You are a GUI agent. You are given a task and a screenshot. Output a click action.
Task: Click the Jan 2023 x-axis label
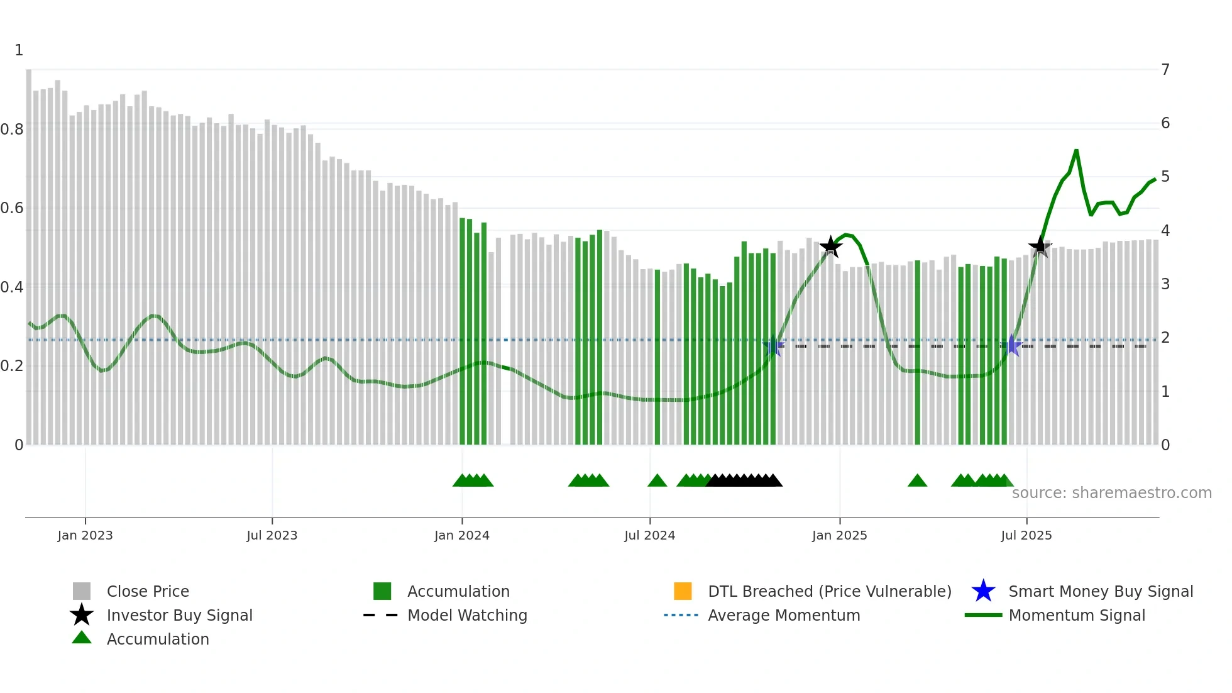pyautogui.click(x=85, y=535)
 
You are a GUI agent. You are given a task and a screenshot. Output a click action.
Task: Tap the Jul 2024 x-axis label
pyautogui.click(x=649, y=535)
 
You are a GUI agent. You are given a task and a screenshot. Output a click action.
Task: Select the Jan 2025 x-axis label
pyautogui.click(x=839, y=535)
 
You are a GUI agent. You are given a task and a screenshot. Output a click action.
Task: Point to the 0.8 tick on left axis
pyautogui.click(x=12, y=130)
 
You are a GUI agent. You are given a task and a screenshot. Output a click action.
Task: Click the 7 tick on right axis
pyautogui.click(x=1165, y=70)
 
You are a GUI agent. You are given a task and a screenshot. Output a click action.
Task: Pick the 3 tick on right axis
pyautogui.click(x=1165, y=284)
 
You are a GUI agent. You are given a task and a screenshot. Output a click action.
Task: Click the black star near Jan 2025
pyautogui.click(x=831, y=247)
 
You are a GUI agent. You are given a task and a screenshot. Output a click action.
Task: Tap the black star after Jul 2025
pyautogui.click(x=1040, y=247)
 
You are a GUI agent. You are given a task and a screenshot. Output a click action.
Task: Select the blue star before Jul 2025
pyautogui.click(x=1011, y=346)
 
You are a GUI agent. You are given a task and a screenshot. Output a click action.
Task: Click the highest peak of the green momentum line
pyautogui.click(x=1076, y=150)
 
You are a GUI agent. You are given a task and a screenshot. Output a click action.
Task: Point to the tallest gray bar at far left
pyautogui.click(x=29, y=252)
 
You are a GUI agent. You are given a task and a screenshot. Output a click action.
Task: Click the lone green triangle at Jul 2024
pyautogui.click(x=657, y=481)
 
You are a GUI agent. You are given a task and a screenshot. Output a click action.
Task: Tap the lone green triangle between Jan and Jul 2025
pyautogui.click(x=917, y=481)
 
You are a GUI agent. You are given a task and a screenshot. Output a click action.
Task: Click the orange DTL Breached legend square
pyautogui.click(x=683, y=591)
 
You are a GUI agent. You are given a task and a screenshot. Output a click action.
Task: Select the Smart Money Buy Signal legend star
pyautogui.click(x=983, y=591)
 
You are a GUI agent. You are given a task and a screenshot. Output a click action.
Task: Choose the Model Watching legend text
pyautogui.click(x=467, y=615)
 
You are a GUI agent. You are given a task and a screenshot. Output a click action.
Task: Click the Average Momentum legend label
pyautogui.click(x=784, y=615)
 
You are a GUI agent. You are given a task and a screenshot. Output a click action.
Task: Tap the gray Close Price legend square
pyautogui.click(x=82, y=591)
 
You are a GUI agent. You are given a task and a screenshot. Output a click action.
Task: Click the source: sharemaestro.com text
pyautogui.click(x=1111, y=493)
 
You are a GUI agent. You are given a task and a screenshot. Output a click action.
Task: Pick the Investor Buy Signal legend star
pyautogui.click(x=82, y=615)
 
